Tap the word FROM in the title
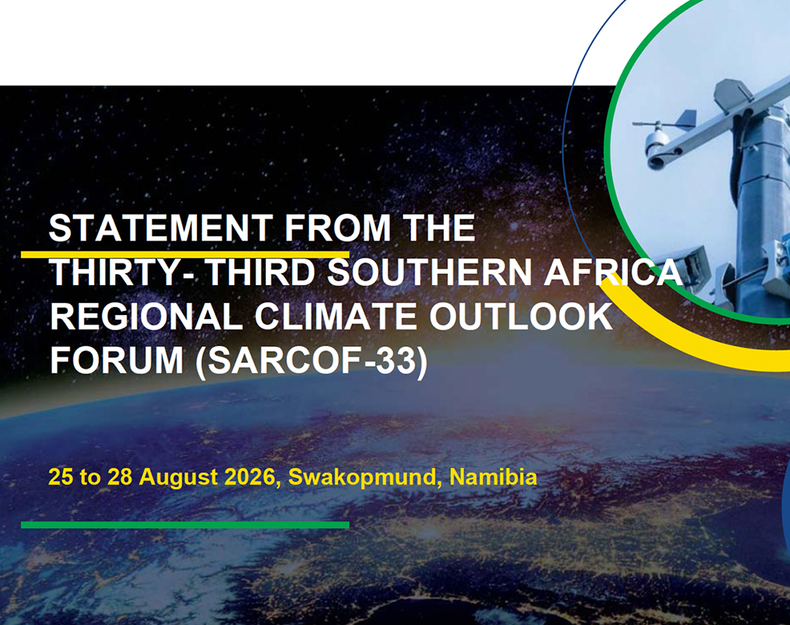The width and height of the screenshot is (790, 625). click(337, 228)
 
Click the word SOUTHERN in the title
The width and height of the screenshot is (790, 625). click(429, 272)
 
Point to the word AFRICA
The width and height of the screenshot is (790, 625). click(613, 272)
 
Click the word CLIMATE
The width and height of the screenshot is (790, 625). click(336, 317)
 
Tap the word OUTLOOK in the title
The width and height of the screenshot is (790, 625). click(521, 317)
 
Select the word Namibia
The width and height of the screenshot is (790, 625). click(493, 476)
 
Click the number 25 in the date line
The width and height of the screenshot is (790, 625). click(60, 477)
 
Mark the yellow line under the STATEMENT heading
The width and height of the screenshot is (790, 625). click(185, 254)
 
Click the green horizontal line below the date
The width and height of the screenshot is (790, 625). click(185, 525)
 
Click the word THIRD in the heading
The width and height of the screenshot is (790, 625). click(262, 272)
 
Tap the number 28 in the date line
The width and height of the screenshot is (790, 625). click(120, 477)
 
